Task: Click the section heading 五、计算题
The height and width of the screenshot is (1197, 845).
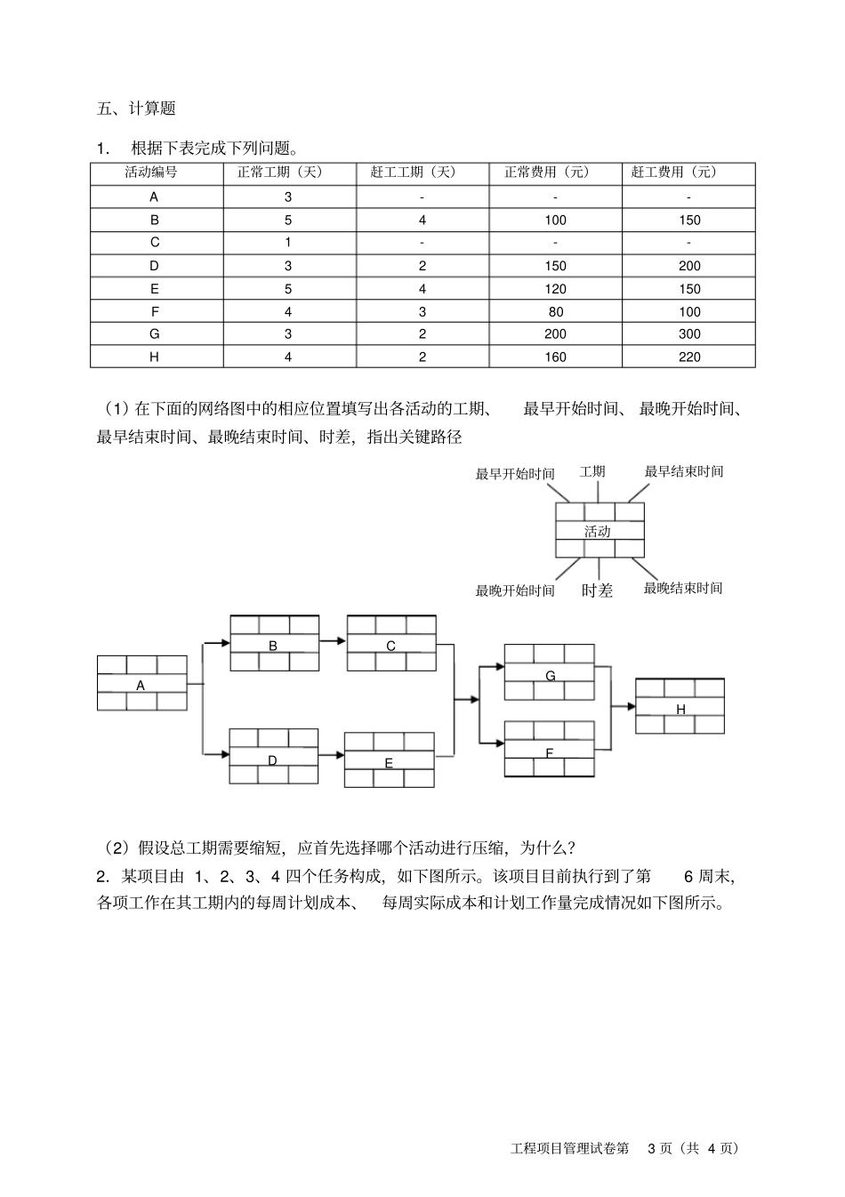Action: pyautogui.click(x=136, y=108)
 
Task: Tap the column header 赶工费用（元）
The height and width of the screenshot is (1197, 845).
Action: pyautogui.click(x=688, y=173)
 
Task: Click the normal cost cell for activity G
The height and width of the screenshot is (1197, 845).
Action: pyautogui.click(x=555, y=334)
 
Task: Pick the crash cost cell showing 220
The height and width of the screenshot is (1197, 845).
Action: pyautogui.click(x=688, y=357)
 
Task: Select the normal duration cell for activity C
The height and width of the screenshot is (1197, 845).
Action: pyautogui.click(x=288, y=243)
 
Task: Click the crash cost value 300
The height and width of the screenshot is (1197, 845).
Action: pyautogui.click(x=688, y=334)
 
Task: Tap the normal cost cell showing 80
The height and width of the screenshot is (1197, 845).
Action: pyautogui.click(x=555, y=312)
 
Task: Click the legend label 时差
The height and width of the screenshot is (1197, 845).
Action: pyautogui.click(x=597, y=590)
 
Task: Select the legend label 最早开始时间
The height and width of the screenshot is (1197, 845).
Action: pyautogui.click(x=515, y=474)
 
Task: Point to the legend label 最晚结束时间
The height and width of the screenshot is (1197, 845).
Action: pyautogui.click(x=683, y=588)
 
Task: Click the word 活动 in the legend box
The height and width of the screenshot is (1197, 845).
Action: pyautogui.click(x=597, y=532)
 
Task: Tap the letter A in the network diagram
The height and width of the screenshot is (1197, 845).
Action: pyautogui.click(x=141, y=686)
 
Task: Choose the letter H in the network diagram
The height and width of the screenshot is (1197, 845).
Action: pyautogui.click(x=680, y=710)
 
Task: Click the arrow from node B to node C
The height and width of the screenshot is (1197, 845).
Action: pyautogui.click(x=333, y=640)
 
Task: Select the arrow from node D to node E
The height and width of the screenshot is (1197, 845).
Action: pyautogui.click(x=331, y=755)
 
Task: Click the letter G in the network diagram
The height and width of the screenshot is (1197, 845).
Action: pyautogui.click(x=550, y=676)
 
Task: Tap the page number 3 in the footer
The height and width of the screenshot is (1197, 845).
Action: pyautogui.click(x=652, y=1148)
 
